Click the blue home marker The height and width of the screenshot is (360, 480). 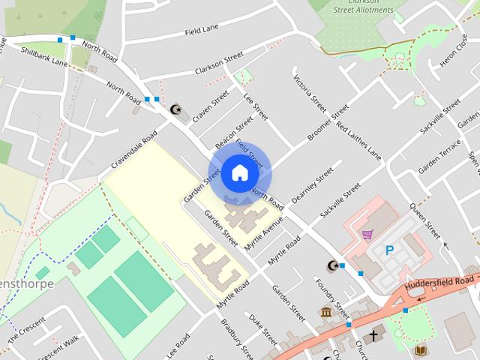click(238, 173)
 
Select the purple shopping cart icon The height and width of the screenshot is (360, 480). click(367, 235)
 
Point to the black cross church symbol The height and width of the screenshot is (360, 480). click(373, 335)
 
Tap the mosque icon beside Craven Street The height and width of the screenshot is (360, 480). click(178, 109)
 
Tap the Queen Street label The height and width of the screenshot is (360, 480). click(425, 218)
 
